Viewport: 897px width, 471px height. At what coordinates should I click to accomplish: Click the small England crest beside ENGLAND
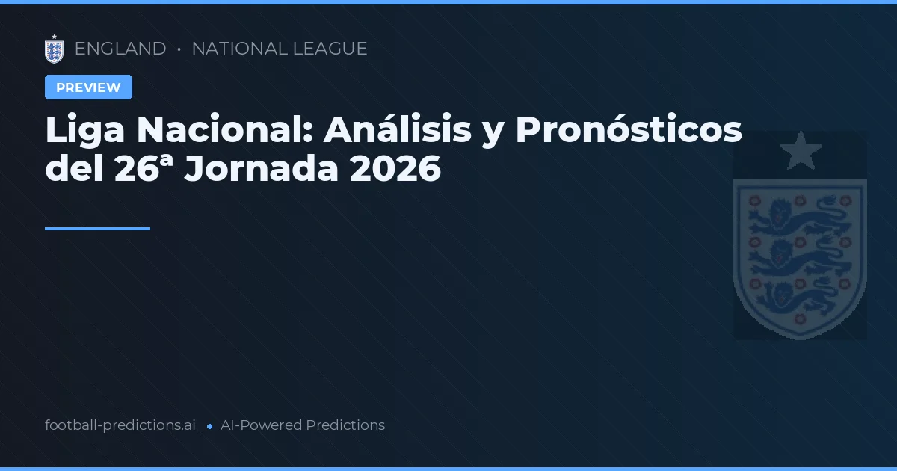point(54,49)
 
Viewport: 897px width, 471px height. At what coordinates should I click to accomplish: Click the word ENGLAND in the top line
point(120,49)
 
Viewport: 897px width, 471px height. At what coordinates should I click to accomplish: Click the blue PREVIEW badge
point(88,87)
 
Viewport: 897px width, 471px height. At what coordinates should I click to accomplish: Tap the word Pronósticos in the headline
point(628,131)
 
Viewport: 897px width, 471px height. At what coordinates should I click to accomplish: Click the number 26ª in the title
point(144,170)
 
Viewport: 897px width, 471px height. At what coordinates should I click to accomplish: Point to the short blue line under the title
point(97,229)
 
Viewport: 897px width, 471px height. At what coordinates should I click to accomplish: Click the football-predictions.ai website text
point(120,425)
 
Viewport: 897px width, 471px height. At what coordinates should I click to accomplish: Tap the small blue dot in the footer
point(209,426)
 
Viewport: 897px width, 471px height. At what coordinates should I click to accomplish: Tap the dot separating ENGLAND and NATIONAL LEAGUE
point(179,49)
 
